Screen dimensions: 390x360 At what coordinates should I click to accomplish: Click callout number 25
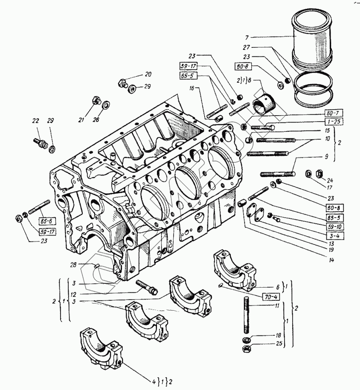(x=279, y=343)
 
